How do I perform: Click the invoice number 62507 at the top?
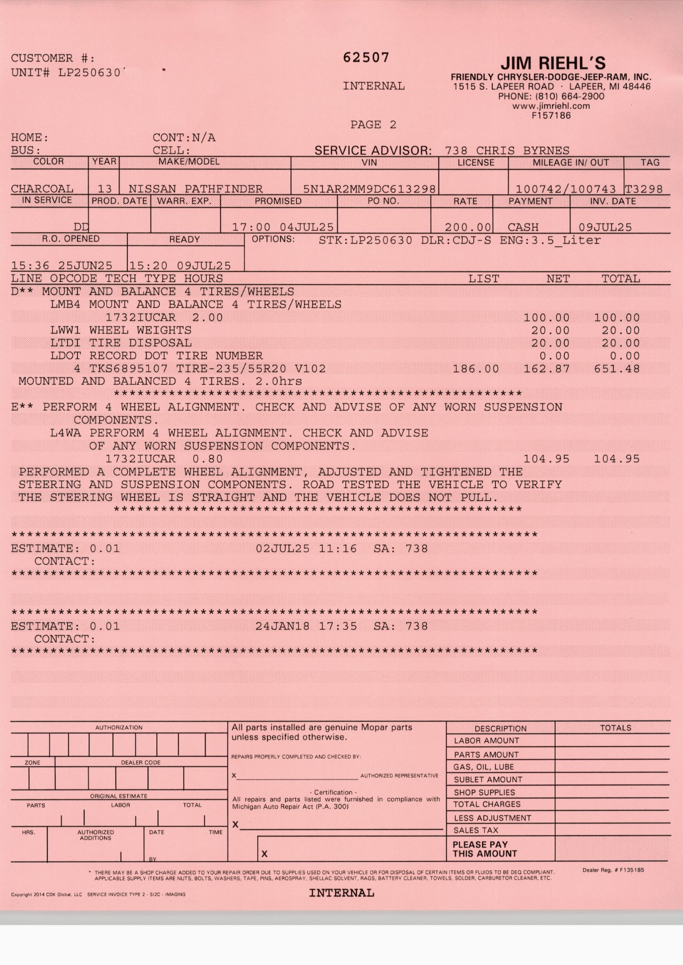pyautogui.click(x=366, y=58)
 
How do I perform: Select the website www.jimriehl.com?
pyautogui.click(x=551, y=106)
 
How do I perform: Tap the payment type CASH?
pyautogui.click(x=523, y=227)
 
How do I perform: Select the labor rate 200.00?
pyautogui.click(x=468, y=227)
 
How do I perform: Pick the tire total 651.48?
pyautogui.click(x=617, y=369)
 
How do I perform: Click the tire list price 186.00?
pyautogui.click(x=476, y=369)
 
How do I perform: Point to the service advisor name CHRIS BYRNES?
pyautogui.click(x=523, y=151)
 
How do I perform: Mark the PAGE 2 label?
pyautogui.click(x=373, y=125)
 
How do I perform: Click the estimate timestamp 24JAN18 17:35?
pyautogui.click(x=306, y=626)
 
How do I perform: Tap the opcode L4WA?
pyautogui.click(x=65, y=433)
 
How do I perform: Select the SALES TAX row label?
pyautogui.click(x=476, y=830)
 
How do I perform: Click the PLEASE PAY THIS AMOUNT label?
pyautogui.click(x=485, y=849)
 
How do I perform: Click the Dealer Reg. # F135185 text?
pyautogui.click(x=613, y=870)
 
